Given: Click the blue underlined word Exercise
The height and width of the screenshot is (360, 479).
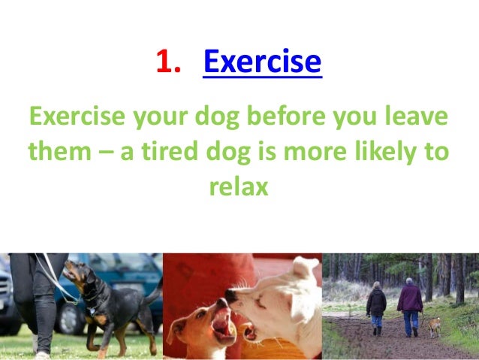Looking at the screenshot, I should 262,62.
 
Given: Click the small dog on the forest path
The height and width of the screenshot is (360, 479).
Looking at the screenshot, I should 433,325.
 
